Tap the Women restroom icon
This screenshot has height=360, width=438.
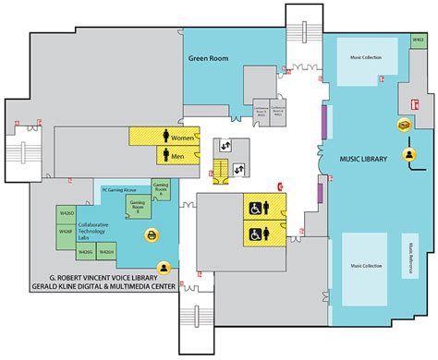(166, 137)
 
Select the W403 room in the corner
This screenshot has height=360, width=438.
(418, 41)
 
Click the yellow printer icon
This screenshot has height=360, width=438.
(151, 237)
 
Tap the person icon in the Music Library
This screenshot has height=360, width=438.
(407, 154)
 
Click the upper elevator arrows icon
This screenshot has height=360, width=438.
(225, 144)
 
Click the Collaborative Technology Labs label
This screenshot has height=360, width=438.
(97, 231)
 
